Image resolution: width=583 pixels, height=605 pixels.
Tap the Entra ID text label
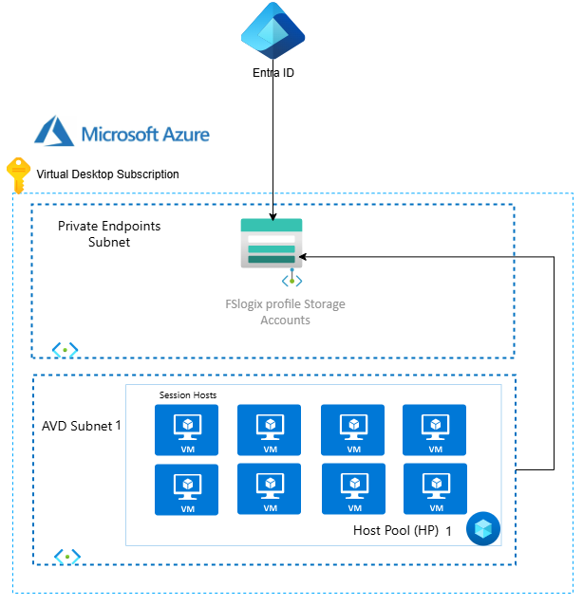[273, 72]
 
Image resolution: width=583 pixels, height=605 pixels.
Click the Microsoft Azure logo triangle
[54, 132]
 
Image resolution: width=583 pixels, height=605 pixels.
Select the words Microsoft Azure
[145, 134]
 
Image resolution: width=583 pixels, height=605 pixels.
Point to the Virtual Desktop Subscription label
[107, 174]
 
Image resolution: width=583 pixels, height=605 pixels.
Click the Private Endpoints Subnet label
[109, 234]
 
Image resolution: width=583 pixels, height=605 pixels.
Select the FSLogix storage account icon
[272, 243]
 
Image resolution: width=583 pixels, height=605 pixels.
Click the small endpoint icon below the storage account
[291, 280]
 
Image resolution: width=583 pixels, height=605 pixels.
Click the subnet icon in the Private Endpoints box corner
[65, 350]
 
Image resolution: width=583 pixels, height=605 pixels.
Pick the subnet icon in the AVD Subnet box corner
[66, 556]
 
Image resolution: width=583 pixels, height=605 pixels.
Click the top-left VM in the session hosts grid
[187, 430]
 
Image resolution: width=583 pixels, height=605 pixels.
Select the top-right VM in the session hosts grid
[435, 430]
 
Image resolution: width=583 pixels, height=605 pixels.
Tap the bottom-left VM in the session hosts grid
[187, 489]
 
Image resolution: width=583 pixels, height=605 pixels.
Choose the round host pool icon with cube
[482, 529]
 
